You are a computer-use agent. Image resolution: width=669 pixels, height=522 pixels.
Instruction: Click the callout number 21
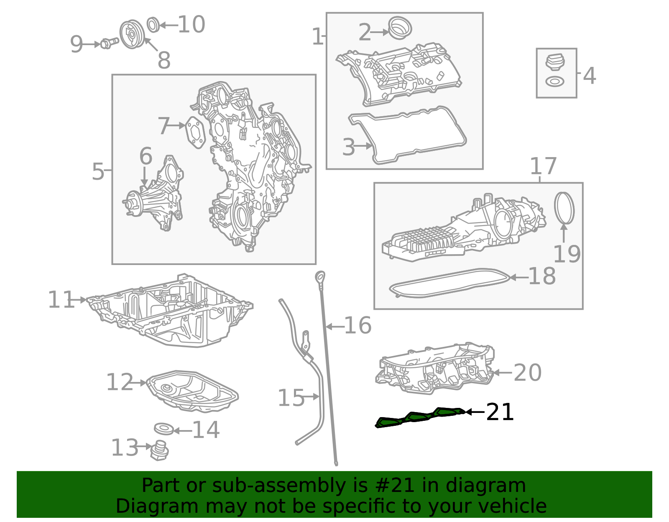pos(500,412)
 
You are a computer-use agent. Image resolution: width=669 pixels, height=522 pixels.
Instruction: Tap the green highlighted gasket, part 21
pos(420,418)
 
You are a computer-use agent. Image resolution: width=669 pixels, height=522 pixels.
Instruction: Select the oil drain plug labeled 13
pos(159,451)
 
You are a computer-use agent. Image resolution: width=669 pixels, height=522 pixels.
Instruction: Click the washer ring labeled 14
pos(164,429)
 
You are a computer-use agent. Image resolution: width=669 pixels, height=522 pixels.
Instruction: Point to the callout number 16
pos(358,326)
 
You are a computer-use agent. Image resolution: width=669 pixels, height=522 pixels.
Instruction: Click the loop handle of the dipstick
pos(320,276)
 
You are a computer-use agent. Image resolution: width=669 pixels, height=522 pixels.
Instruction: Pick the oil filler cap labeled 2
pos(400,28)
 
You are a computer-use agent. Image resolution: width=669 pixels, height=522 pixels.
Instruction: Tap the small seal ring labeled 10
pos(153,25)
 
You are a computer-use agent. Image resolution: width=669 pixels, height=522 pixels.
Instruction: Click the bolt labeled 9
pos(109,43)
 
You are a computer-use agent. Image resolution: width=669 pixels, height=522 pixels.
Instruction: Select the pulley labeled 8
pos(132,34)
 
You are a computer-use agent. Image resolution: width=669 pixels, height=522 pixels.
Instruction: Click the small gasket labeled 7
pos(196,132)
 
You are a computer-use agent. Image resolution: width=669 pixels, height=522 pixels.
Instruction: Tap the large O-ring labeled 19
pos(564,208)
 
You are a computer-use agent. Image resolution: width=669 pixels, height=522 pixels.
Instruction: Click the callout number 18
pos(542,276)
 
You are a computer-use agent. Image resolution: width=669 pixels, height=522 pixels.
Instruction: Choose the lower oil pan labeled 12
pos(192,391)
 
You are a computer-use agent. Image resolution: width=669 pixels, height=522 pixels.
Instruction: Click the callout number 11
pos(61,300)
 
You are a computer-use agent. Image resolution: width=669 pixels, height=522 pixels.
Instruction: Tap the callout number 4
pos(590,76)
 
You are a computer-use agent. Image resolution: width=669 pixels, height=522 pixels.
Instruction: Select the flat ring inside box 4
pos(555,82)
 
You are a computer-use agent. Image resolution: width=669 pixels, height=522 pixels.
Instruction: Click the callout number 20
pos(527,373)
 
